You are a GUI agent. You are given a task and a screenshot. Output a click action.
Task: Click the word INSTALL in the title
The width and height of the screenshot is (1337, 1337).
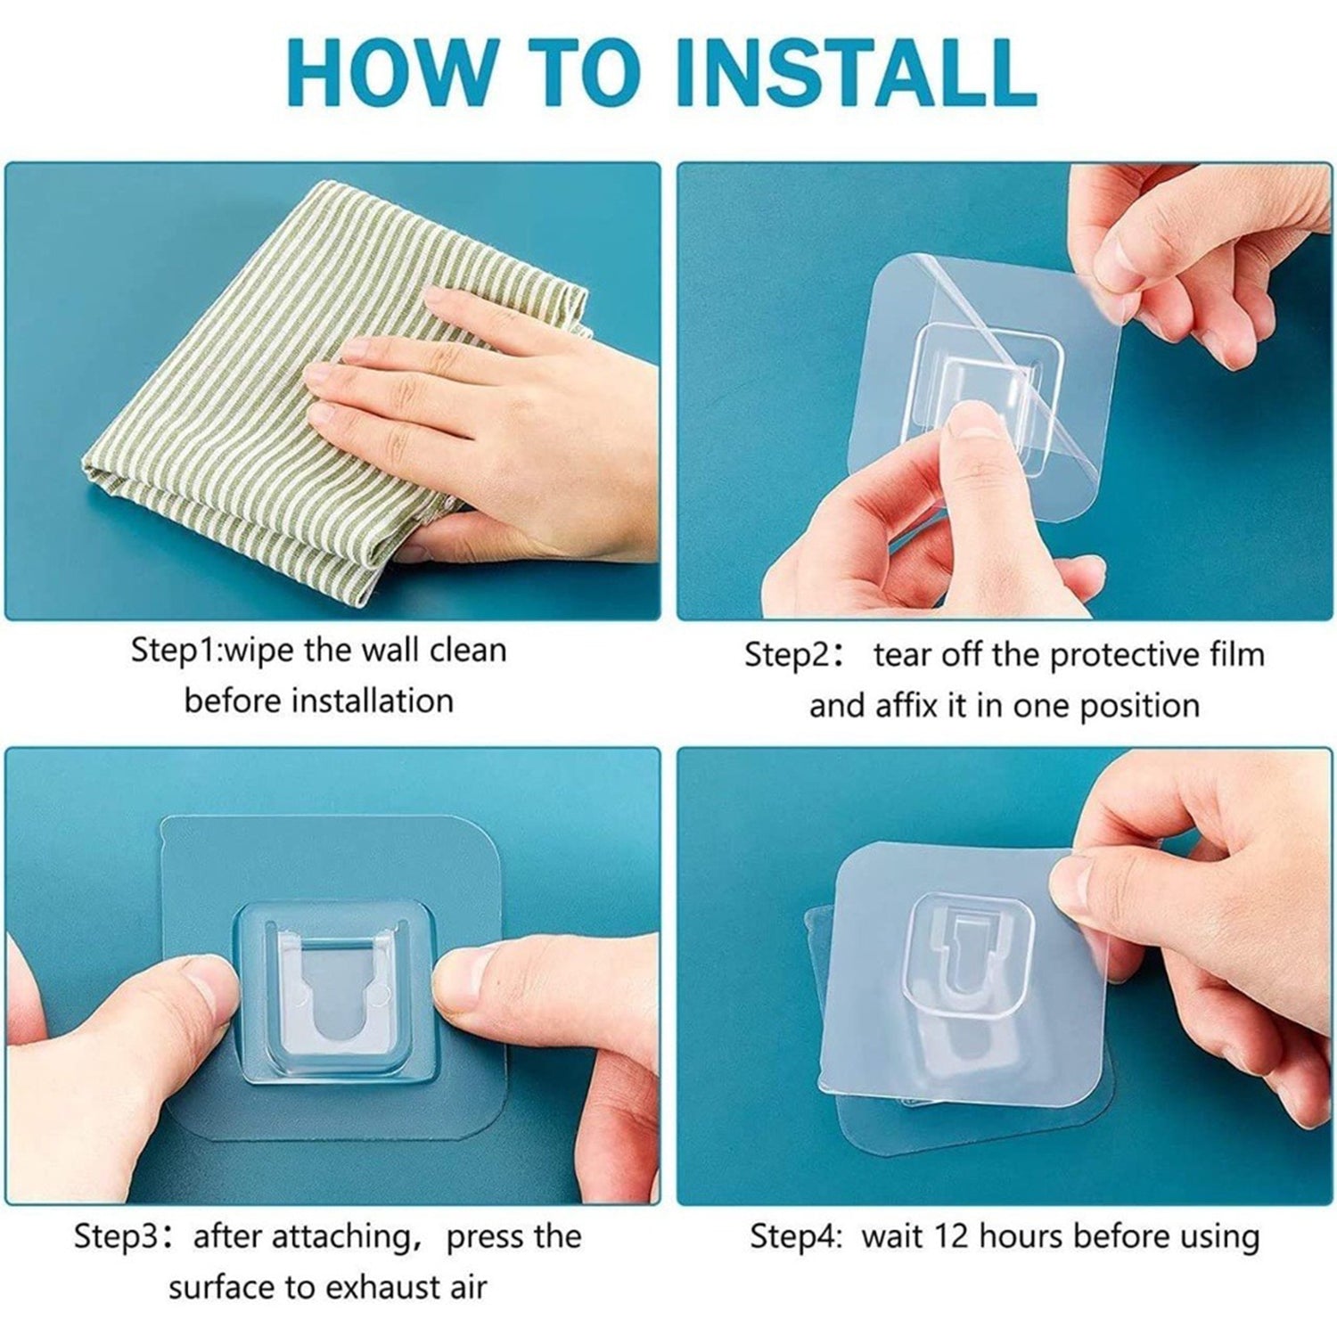coord(856,71)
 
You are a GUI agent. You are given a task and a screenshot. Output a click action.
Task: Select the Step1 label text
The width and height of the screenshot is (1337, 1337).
coord(173,651)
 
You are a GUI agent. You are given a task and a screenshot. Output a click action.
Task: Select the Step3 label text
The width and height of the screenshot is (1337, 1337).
coord(116,1236)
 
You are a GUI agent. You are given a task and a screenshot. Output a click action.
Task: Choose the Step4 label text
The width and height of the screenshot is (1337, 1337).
coord(793,1237)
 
